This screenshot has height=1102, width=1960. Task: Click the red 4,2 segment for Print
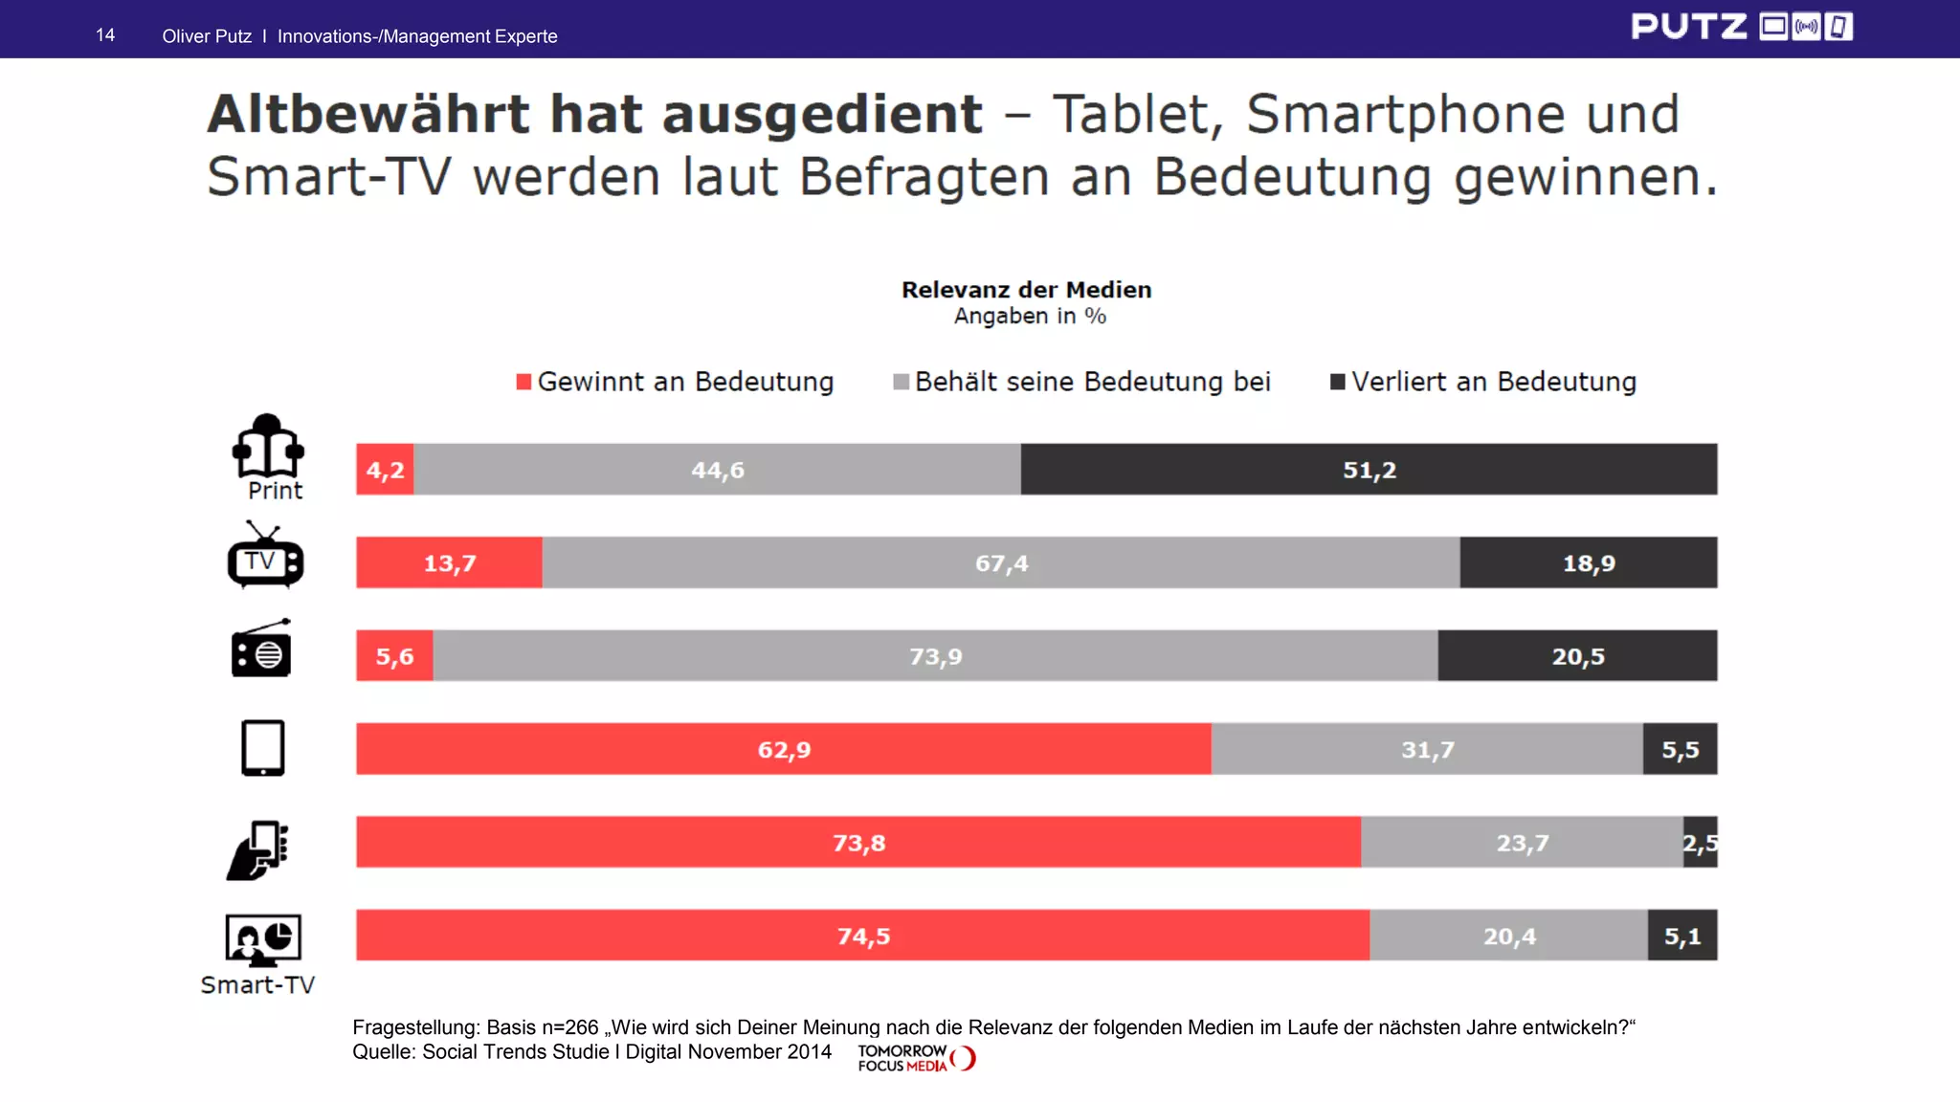click(x=385, y=470)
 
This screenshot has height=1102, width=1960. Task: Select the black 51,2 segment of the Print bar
click(x=1369, y=470)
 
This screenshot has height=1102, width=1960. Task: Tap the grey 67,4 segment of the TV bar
click(x=1001, y=563)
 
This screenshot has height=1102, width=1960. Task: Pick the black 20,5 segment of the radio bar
click(x=1577, y=656)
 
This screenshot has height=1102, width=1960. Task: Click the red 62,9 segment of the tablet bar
click(x=783, y=749)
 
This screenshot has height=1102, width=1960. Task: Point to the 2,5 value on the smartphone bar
click(x=1700, y=843)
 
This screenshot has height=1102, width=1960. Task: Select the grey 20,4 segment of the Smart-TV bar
click(x=1508, y=936)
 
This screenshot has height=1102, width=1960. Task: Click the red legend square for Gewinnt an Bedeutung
click(x=523, y=382)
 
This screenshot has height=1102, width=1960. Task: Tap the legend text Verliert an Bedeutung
click(x=1493, y=382)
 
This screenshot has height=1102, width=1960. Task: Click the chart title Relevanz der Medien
click(x=1026, y=290)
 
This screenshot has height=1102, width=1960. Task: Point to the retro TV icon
click(x=265, y=556)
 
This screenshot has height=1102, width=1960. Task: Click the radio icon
click(x=261, y=650)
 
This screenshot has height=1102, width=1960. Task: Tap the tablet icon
click(x=262, y=748)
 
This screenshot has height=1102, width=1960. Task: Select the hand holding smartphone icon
click(x=257, y=850)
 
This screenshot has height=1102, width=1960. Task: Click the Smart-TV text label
click(x=257, y=984)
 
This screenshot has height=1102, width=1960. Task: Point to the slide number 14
click(x=105, y=35)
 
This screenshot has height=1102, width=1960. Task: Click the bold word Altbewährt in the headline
click(x=367, y=115)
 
